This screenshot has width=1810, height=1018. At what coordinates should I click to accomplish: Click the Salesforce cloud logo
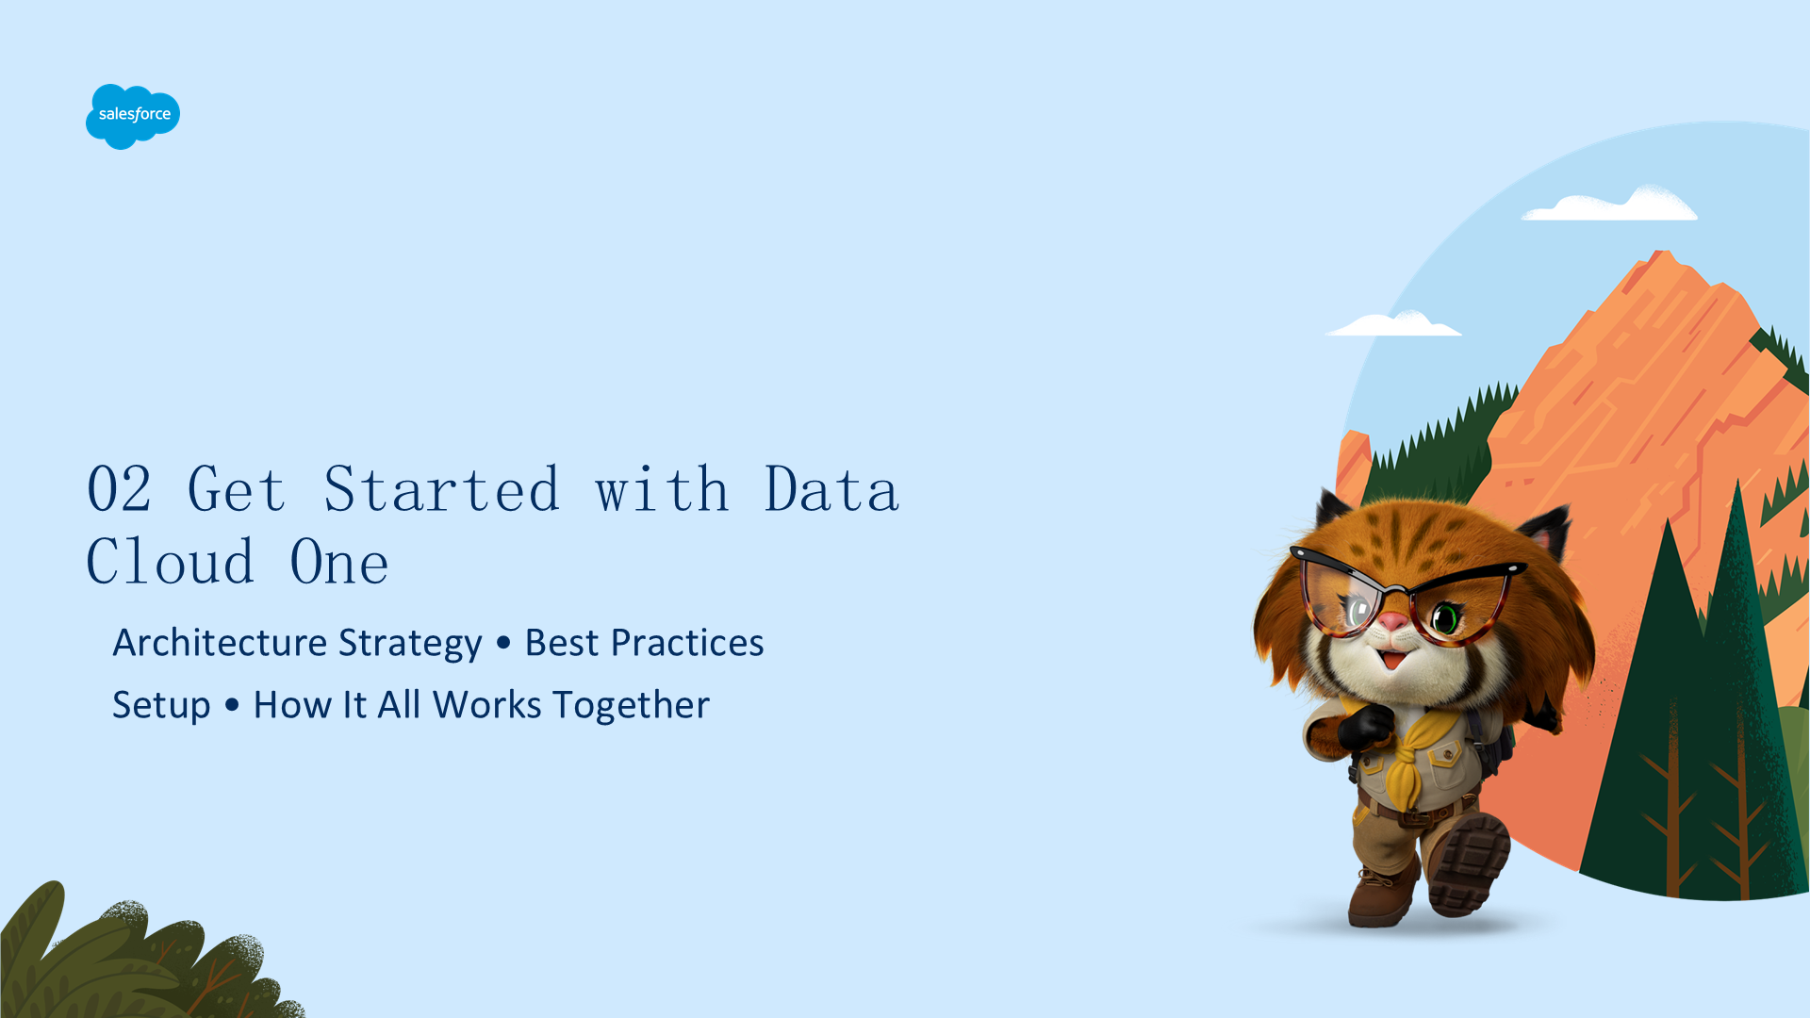coord(133,116)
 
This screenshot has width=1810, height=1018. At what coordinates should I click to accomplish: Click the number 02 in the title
coord(119,489)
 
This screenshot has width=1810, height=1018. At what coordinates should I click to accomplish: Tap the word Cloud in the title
coord(171,562)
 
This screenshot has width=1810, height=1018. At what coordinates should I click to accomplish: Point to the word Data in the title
coord(831,489)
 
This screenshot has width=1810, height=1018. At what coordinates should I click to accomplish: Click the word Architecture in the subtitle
coord(220,642)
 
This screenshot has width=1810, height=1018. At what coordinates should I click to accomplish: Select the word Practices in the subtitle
coord(687,642)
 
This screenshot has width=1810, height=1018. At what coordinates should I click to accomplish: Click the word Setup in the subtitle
coord(161,706)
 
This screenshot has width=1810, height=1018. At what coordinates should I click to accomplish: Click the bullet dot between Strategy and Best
coord(503,643)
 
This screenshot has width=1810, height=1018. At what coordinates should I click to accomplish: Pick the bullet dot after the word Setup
coord(232,704)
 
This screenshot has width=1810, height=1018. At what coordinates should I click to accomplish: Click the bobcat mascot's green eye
coord(1445,619)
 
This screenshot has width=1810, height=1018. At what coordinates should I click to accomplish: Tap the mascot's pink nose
coord(1392,622)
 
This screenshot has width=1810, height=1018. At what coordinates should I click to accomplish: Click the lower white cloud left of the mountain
coord(1394,324)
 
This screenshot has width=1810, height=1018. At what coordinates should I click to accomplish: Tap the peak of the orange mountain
coord(1661,253)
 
